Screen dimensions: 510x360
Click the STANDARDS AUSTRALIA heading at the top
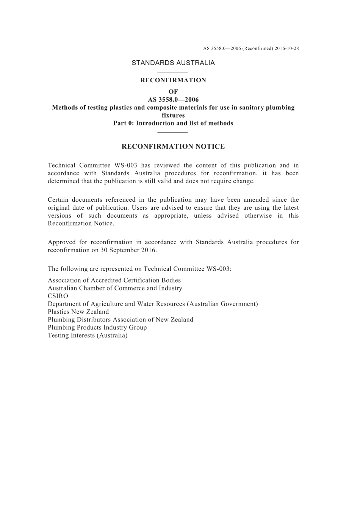[x=173, y=63]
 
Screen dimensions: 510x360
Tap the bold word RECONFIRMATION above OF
[x=173, y=80]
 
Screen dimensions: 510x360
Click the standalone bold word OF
[x=173, y=92]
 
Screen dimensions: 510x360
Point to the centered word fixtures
[x=173, y=115]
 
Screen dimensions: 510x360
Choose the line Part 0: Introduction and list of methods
[x=173, y=123]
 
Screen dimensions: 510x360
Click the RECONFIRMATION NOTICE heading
[x=173, y=147]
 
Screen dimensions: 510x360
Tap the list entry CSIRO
[x=58, y=296]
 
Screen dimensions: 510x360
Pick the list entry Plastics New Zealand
[x=78, y=312]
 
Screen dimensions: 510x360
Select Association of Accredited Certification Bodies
[x=114, y=281]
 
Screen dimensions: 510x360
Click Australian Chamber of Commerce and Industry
[x=115, y=288]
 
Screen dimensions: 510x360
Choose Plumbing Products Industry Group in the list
[x=97, y=328]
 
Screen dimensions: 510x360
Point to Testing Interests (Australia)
[x=88, y=336]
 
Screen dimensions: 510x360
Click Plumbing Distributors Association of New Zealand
[x=121, y=320]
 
